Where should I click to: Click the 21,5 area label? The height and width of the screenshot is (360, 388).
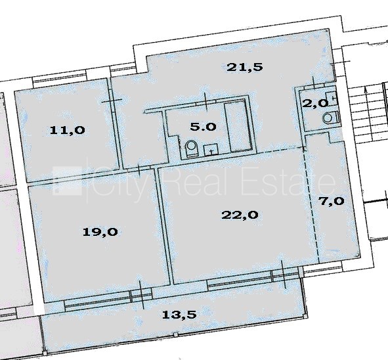245,68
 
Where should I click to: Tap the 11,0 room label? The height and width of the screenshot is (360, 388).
68,130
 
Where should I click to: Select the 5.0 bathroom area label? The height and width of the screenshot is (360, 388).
203,127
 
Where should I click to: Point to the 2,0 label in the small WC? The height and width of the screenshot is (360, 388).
315,103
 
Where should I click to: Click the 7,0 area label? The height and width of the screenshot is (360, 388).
332,201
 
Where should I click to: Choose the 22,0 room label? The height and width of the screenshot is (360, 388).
240,215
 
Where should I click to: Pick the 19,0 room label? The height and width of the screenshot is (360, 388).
100,232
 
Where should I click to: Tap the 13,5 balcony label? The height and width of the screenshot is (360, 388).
179,315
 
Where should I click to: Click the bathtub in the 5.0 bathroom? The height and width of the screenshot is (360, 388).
238,127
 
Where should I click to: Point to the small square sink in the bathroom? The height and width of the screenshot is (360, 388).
211,150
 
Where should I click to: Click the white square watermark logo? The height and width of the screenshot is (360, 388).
68,181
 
